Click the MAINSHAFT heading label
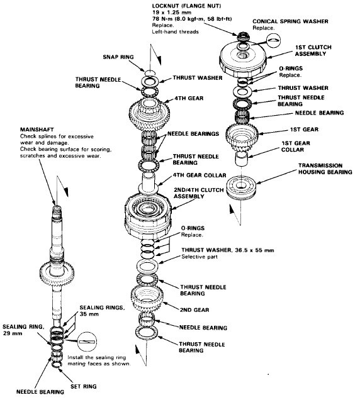37,130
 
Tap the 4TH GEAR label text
189,98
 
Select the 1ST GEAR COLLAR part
241,158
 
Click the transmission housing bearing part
242,188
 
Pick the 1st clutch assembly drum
243,59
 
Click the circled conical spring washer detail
273,40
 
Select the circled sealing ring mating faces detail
87,342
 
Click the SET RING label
84,386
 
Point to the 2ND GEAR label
194,310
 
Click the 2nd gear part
147,297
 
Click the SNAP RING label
118,57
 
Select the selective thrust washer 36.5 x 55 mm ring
147,266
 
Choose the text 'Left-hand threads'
175,32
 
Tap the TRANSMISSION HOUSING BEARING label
325,169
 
